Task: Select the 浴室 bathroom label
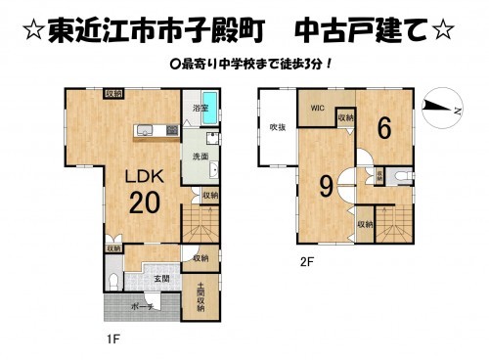(x=200, y=108)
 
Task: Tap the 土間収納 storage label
(x=200, y=294)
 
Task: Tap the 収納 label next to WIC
(x=345, y=117)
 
